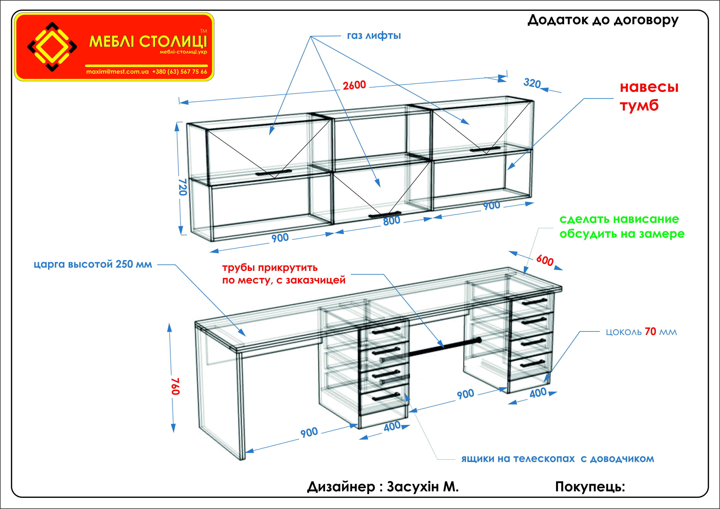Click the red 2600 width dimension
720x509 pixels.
click(x=354, y=85)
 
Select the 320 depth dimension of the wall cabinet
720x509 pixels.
click(x=532, y=83)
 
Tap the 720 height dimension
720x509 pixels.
click(x=183, y=187)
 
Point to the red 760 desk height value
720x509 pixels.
click(x=175, y=386)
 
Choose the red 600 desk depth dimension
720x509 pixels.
click(x=545, y=260)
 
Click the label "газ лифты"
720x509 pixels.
click(x=374, y=36)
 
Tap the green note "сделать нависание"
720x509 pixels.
click(x=619, y=219)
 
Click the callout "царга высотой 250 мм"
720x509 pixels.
click(x=93, y=264)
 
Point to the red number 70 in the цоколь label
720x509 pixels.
click(x=650, y=332)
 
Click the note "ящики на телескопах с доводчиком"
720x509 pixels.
click(x=558, y=459)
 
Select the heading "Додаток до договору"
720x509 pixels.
click(x=603, y=20)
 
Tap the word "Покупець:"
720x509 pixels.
click(x=590, y=487)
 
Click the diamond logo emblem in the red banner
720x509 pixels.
click(x=52, y=47)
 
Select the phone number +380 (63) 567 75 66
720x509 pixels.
click(x=180, y=71)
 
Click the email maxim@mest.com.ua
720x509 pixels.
click(x=117, y=71)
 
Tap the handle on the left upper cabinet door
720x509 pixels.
click(x=274, y=173)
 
